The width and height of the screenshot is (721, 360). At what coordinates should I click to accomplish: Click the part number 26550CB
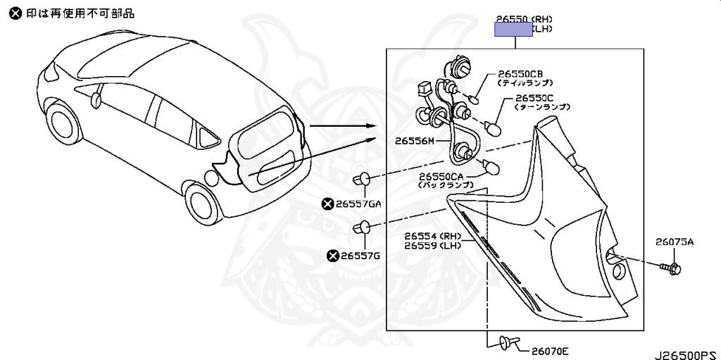[x=520, y=73]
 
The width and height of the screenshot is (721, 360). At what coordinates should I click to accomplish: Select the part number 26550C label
[x=535, y=98]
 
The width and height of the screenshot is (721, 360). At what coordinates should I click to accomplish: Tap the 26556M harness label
[x=415, y=141]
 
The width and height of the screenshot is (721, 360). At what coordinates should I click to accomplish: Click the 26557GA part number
[x=360, y=204]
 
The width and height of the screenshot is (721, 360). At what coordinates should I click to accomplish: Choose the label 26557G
[x=360, y=255]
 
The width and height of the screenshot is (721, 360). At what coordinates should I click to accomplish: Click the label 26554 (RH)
[x=432, y=235]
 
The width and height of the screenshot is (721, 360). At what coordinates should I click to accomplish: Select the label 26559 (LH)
[x=432, y=245]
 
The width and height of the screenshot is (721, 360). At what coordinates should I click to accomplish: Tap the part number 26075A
[x=675, y=242]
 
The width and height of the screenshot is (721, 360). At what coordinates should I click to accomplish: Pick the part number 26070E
[x=550, y=350]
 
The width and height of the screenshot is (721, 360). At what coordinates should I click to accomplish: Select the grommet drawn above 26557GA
[x=363, y=178]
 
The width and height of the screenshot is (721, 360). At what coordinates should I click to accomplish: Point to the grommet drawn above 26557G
[x=362, y=228]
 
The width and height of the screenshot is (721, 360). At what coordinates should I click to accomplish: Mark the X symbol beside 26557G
[x=332, y=255]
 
